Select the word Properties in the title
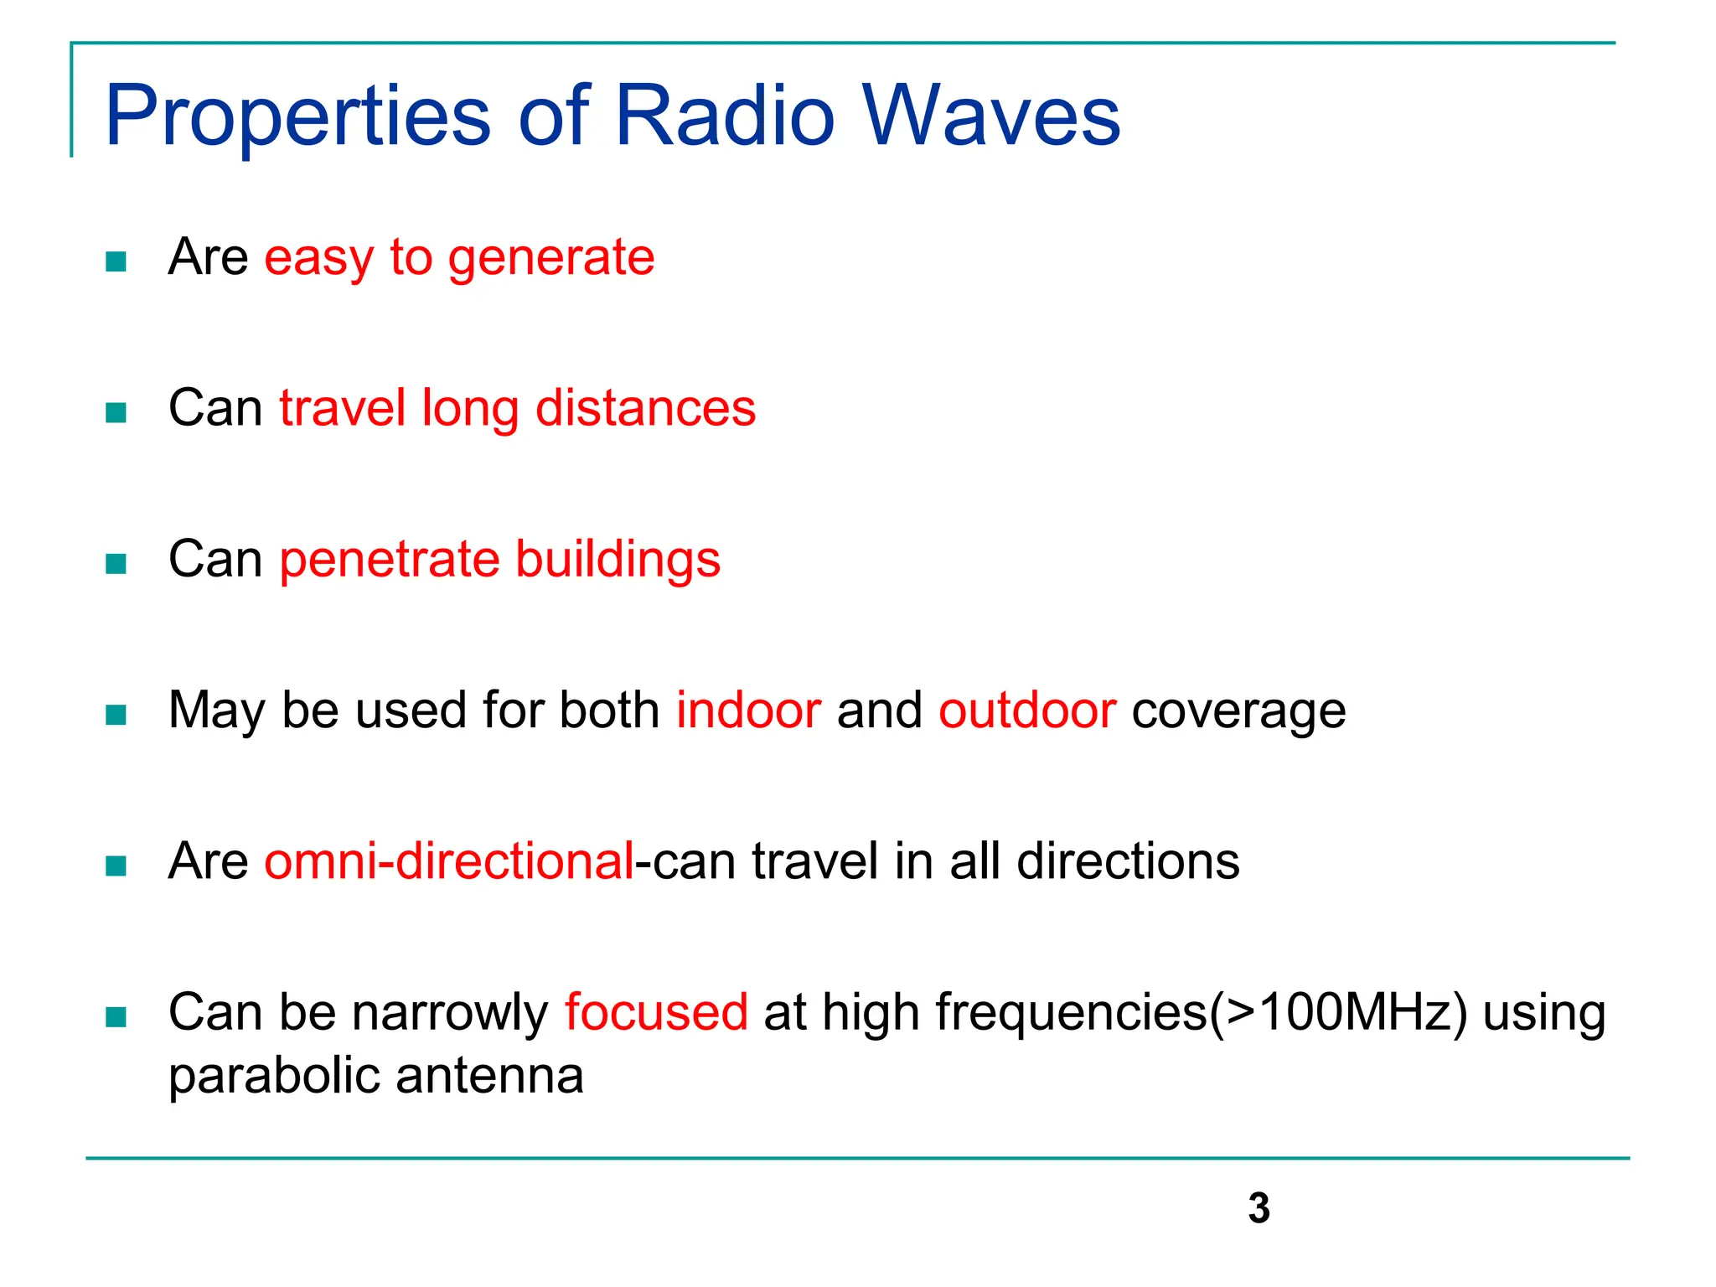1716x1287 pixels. (297, 117)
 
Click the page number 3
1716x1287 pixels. (1259, 1208)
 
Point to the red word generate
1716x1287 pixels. (550, 259)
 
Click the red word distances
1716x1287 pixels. (645, 409)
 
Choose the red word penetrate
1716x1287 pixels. (389, 561)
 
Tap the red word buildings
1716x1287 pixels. (618, 561)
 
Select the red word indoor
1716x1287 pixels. (748, 711)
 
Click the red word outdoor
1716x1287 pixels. (1027, 711)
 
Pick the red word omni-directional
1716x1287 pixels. (449, 861)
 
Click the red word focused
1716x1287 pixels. (656, 1012)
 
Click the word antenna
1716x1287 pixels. (489, 1078)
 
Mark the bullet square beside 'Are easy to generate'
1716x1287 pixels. (116, 262)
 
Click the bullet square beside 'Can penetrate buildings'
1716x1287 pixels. (116, 564)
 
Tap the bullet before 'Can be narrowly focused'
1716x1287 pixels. (116, 1017)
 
